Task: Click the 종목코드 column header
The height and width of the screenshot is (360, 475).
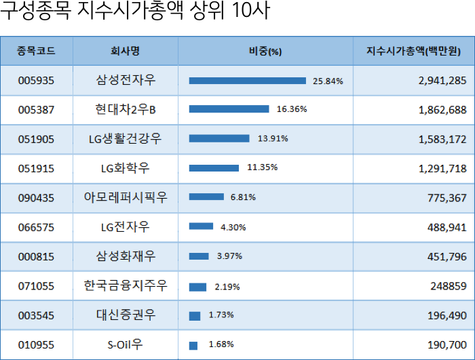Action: [36, 51]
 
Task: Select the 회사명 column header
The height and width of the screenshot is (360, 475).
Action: [126, 51]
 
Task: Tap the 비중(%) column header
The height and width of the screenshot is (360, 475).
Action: [265, 51]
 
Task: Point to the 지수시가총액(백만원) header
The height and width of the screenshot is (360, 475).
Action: [413, 51]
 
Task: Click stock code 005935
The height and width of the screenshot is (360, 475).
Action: [36, 81]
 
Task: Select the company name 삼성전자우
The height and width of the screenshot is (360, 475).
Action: [126, 81]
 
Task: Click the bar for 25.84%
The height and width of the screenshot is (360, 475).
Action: [248, 81]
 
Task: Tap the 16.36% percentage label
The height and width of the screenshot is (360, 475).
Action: [292, 109]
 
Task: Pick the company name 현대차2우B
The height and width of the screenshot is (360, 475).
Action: [126, 109]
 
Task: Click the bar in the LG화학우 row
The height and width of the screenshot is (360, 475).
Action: [214, 168]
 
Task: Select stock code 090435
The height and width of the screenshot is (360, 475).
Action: [36, 198]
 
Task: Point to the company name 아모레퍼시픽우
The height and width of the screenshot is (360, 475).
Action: [126, 198]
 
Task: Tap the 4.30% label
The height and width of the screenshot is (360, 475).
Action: [233, 227]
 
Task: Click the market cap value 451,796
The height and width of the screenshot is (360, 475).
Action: [444, 256]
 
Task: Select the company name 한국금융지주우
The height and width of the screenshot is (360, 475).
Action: [126, 286]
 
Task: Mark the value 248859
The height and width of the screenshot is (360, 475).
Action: [448, 286]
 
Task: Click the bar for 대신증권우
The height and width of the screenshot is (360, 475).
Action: [195, 316]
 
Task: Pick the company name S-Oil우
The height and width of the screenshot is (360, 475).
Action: [126, 344]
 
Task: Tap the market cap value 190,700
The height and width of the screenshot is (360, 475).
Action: [444, 344]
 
